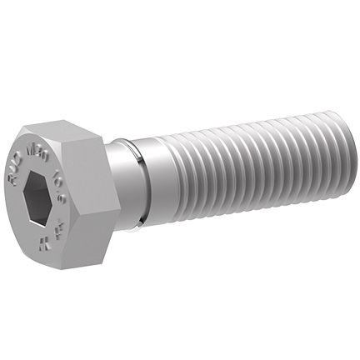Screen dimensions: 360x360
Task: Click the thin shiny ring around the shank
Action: click(142, 180)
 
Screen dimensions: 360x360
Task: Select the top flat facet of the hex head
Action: click(62, 132)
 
